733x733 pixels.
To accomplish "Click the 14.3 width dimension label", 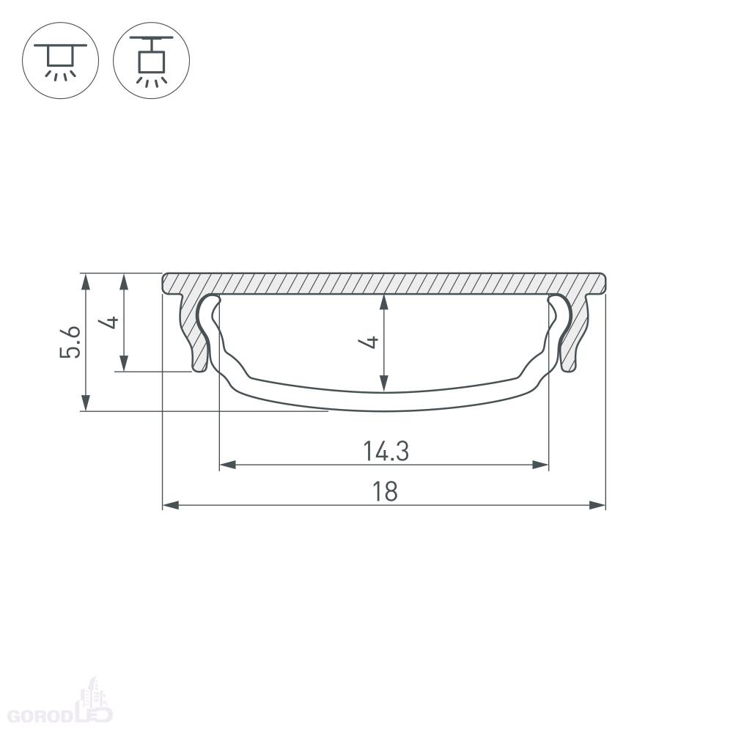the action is [386, 452].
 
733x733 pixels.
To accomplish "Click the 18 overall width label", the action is [385, 492].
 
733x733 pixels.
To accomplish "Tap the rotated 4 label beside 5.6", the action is [111, 322].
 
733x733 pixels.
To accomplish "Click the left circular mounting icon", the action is [60, 60].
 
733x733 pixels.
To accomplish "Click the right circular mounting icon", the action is [152, 60].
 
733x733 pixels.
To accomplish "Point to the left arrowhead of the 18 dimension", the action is [170, 505].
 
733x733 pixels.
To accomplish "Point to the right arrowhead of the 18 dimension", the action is [597, 505].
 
